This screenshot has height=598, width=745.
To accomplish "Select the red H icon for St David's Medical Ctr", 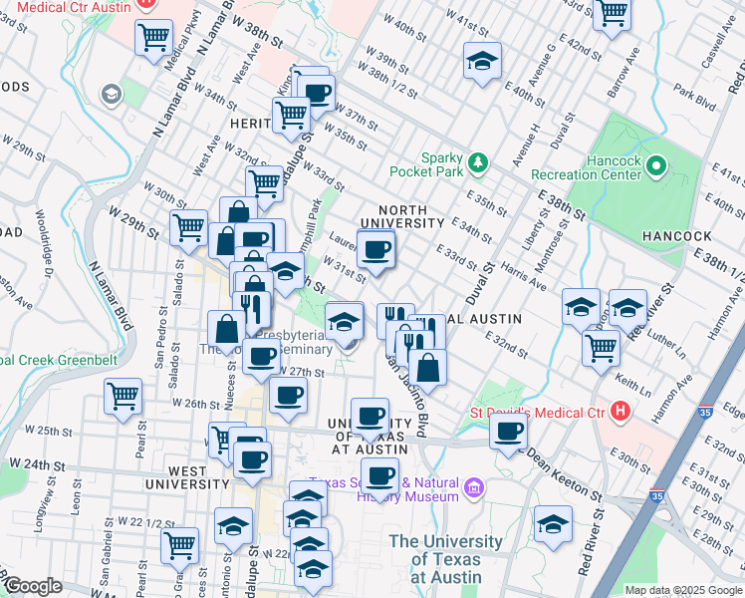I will coord(622,410).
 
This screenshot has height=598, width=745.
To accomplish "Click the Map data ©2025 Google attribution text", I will coord(683,590).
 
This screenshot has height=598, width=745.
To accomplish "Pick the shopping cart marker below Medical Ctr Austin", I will coord(154,39).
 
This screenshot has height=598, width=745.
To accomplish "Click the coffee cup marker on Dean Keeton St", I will coord(509,432).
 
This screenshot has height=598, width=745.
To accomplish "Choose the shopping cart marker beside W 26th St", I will coord(124,396).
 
